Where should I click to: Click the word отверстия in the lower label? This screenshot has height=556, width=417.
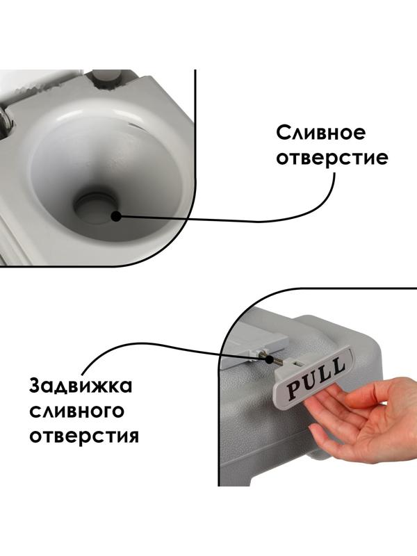point(84,436)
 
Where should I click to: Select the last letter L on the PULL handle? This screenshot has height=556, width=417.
point(336,366)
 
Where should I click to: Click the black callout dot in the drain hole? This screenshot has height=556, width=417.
point(115,216)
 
